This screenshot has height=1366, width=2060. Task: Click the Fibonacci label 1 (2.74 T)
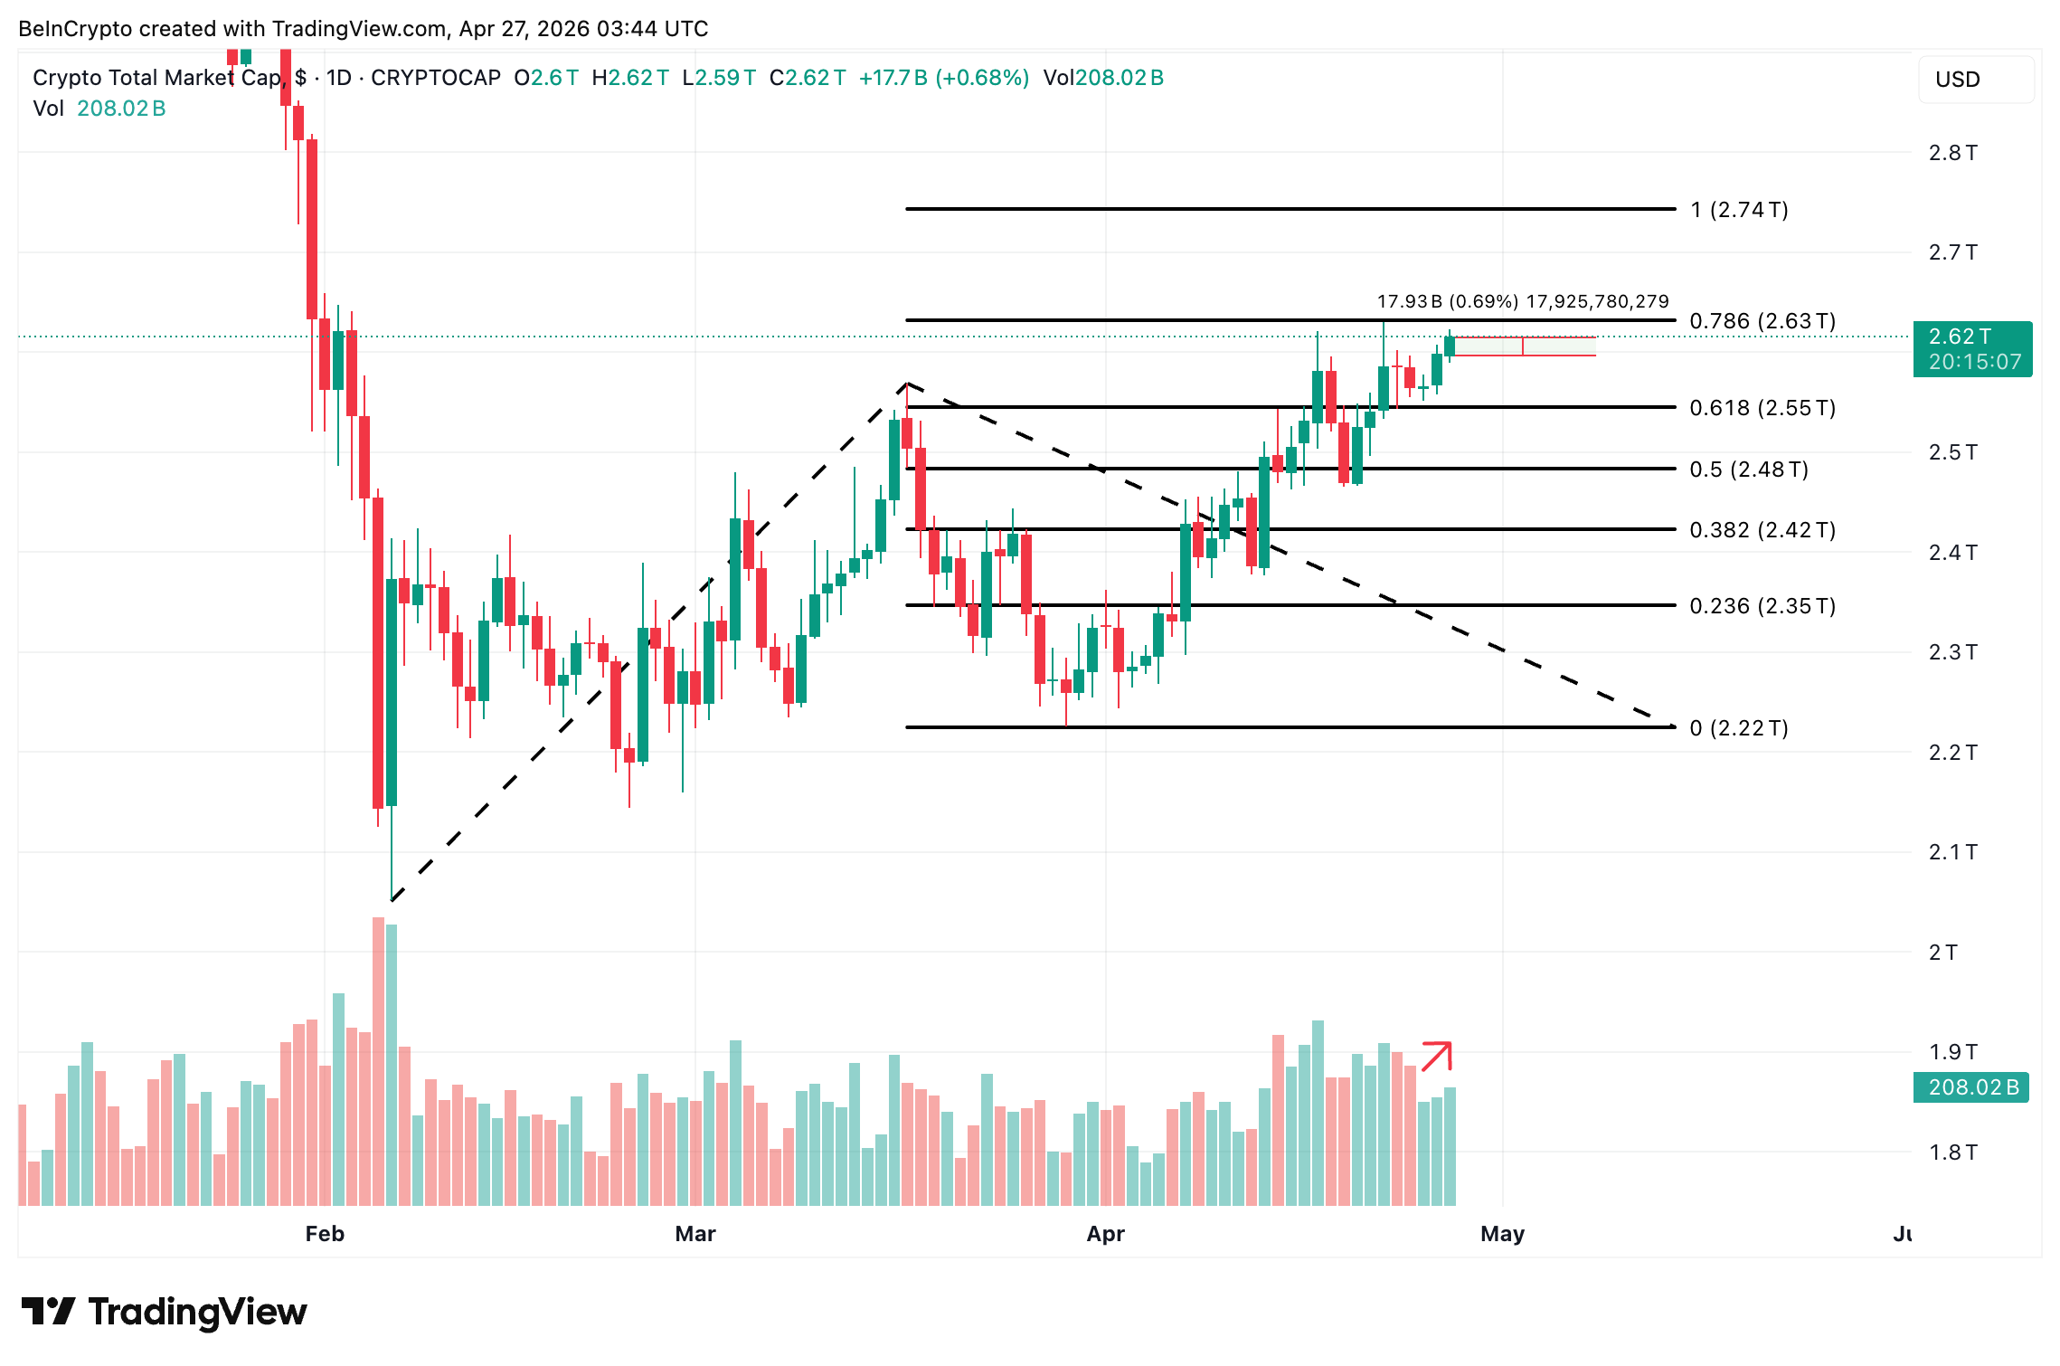click(x=1738, y=210)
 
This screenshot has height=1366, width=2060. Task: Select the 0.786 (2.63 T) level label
click(x=1762, y=321)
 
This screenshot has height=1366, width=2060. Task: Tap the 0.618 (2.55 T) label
click(x=1762, y=408)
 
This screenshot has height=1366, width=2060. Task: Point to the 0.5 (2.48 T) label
click(x=1748, y=470)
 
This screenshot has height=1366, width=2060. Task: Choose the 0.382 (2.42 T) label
click(x=1762, y=530)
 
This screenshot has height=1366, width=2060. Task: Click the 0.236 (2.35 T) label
click(x=1762, y=606)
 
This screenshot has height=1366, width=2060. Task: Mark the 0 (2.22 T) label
click(x=1738, y=728)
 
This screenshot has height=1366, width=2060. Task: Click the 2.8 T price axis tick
click(x=1952, y=153)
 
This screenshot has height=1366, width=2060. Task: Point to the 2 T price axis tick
click(x=1942, y=953)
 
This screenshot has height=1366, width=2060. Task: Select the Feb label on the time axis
click(x=325, y=1234)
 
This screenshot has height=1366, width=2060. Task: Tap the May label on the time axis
click(x=1502, y=1234)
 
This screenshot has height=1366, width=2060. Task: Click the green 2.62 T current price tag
click(x=1972, y=349)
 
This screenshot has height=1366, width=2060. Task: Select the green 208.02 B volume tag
click(x=1971, y=1087)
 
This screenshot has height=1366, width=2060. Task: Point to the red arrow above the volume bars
click(x=1436, y=1057)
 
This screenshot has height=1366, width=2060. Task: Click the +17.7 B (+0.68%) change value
click(x=943, y=78)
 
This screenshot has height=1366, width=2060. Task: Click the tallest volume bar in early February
click(x=378, y=1060)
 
